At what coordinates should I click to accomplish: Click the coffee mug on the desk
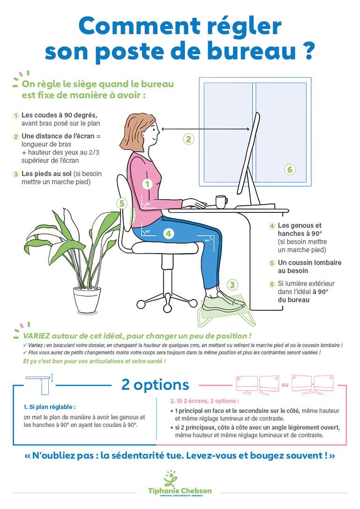(221, 202)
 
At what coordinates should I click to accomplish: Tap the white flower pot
(87, 300)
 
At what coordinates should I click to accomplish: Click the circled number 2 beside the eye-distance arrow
(188, 139)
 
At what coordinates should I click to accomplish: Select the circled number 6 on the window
(290, 169)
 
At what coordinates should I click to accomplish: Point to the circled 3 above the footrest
(232, 284)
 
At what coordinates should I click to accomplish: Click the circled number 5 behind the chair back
(122, 203)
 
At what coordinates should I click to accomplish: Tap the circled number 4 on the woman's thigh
(169, 233)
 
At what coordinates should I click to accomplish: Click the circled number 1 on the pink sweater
(148, 184)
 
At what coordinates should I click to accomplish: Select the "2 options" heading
(155, 385)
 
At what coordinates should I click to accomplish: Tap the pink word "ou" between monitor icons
(285, 386)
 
